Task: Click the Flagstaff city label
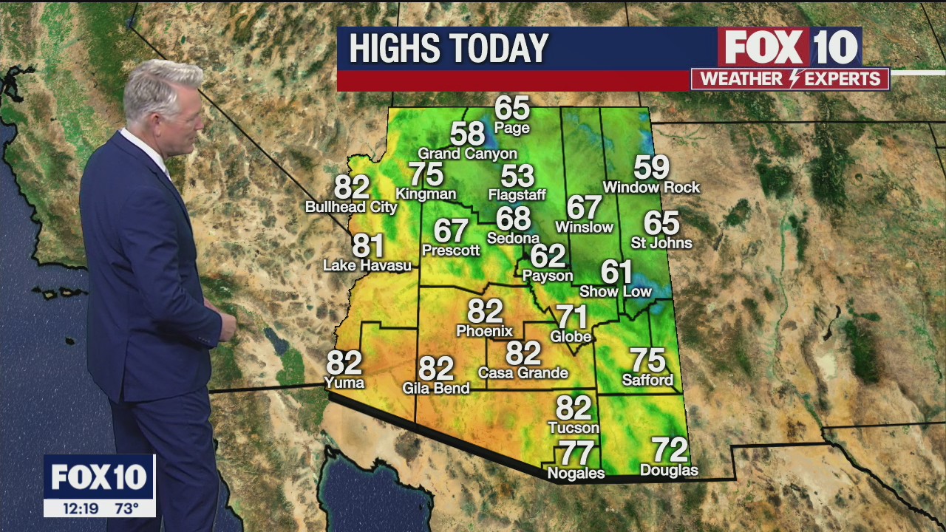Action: click(517, 195)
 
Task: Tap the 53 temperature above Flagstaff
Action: click(517, 176)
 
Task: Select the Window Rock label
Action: click(651, 188)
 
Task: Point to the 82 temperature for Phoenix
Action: click(485, 311)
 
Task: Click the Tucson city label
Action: click(574, 428)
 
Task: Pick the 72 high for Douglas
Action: click(670, 449)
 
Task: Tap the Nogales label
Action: click(576, 473)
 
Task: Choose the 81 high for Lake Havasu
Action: click(367, 245)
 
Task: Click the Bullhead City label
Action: click(352, 208)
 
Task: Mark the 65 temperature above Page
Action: click(512, 108)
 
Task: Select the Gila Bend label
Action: click(436, 388)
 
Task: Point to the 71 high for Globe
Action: click(571, 317)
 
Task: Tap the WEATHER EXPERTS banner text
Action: click(790, 79)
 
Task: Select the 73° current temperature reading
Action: click(126, 508)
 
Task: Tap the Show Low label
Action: click(616, 292)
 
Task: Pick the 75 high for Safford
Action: click(647, 361)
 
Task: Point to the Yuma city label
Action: click(344, 382)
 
